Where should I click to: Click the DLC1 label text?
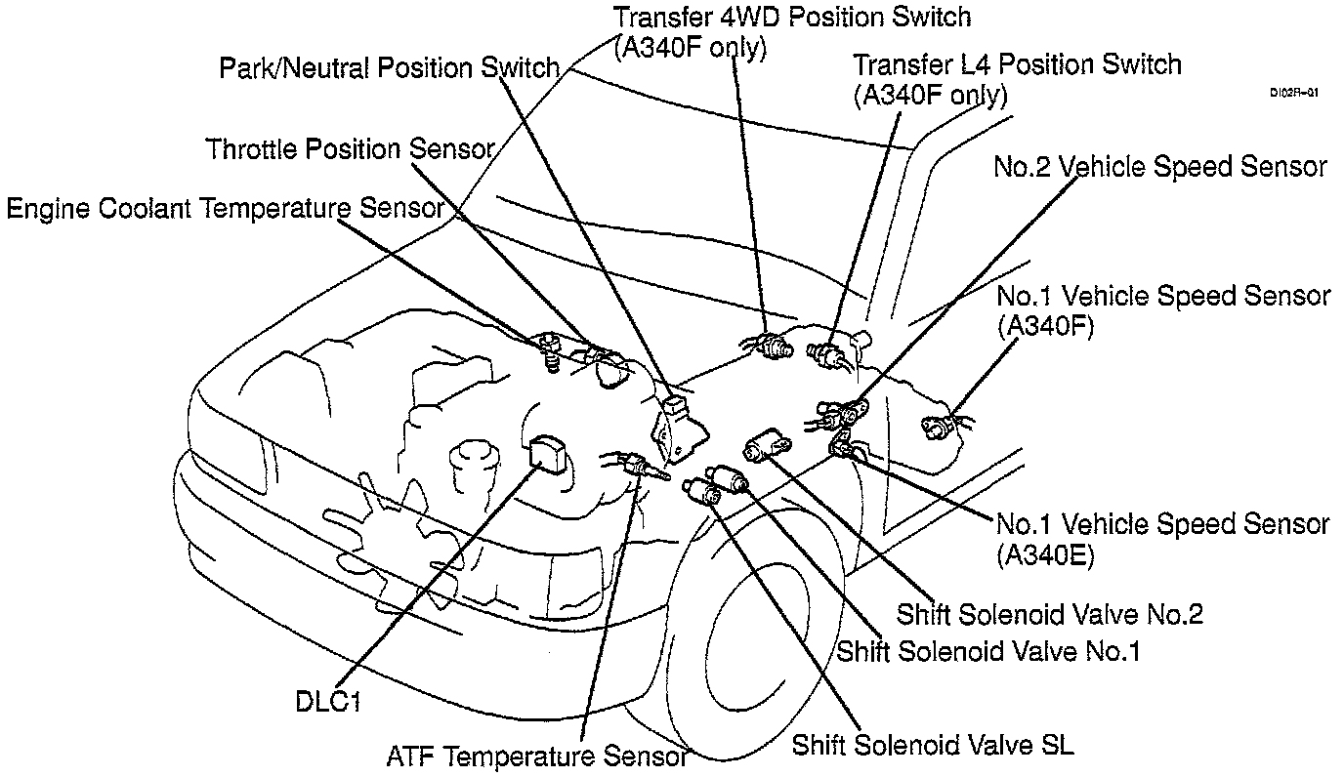(328, 702)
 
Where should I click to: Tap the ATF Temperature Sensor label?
(537, 756)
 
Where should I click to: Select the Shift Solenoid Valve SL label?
(933, 746)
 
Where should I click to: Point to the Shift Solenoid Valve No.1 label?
(988, 649)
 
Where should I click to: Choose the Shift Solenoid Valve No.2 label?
(1050, 614)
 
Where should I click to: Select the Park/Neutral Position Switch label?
(389, 68)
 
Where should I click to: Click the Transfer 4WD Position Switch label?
(792, 17)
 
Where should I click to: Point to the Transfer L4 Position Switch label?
(1017, 65)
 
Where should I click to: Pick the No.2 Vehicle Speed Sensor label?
(1160, 167)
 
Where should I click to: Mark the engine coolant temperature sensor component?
(551, 349)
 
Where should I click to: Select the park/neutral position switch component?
(676, 429)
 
